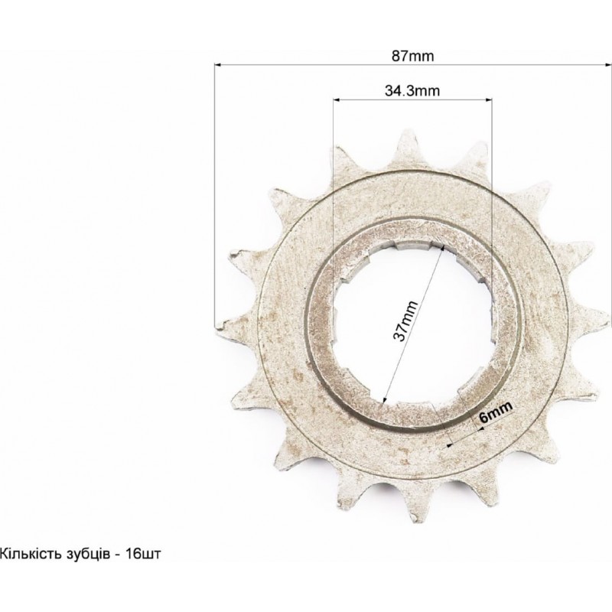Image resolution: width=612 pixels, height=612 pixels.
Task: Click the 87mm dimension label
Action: (x=412, y=56)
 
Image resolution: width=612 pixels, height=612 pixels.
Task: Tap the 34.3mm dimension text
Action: (x=412, y=91)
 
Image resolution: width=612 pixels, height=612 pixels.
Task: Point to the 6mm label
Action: (x=496, y=412)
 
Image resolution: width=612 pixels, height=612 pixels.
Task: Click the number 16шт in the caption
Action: (x=143, y=554)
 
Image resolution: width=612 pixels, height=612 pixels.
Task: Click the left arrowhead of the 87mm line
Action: (x=219, y=65)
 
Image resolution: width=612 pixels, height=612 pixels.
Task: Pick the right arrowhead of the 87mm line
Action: (x=607, y=65)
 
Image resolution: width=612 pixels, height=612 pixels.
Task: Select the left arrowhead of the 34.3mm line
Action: (x=337, y=100)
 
